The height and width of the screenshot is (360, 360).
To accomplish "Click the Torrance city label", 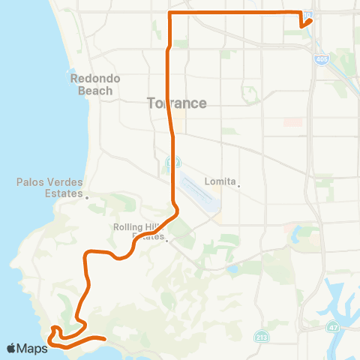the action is (x=178, y=103).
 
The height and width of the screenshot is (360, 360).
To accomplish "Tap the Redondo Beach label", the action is (x=92, y=84).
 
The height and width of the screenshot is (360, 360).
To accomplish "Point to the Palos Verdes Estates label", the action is (x=49, y=187).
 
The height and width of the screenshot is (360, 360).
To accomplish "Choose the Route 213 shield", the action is (x=259, y=334).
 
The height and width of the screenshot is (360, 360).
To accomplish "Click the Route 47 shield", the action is (x=332, y=328).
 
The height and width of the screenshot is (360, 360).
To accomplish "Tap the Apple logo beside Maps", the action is (x=12, y=348).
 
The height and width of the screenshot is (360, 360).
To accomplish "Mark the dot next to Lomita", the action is (x=239, y=187).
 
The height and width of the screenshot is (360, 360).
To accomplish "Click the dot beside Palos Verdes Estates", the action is (x=87, y=198).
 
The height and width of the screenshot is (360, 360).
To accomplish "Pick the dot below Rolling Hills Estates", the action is (x=169, y=241).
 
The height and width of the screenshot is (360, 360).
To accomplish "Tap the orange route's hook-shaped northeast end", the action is (x=305, y=19).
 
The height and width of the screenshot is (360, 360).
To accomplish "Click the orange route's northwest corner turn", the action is (x=170, y=13).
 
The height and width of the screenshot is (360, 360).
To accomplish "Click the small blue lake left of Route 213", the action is (x=234, y=268).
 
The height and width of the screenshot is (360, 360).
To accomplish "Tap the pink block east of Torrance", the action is (x=293, y=121).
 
